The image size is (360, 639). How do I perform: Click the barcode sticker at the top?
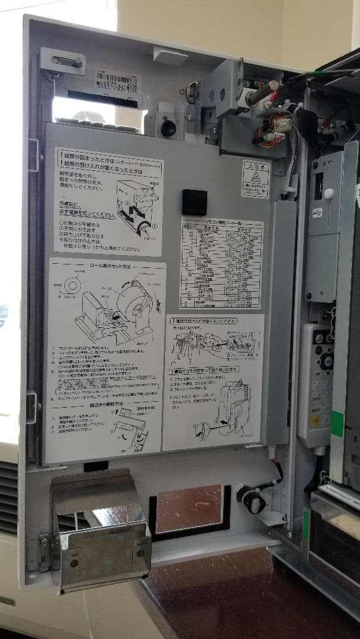point(118,82)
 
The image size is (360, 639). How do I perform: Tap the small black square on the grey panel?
point(194,202)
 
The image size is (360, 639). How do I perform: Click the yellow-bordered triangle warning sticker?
point(255,178)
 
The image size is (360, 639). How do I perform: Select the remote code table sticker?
point(221,263)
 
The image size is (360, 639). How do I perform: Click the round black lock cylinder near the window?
point(251,500)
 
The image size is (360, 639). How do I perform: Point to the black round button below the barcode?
point(168,127)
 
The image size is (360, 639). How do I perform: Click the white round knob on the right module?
point(329,193)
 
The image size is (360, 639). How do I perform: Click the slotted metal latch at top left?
point(62,61)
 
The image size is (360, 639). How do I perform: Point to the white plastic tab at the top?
point(170,56)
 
